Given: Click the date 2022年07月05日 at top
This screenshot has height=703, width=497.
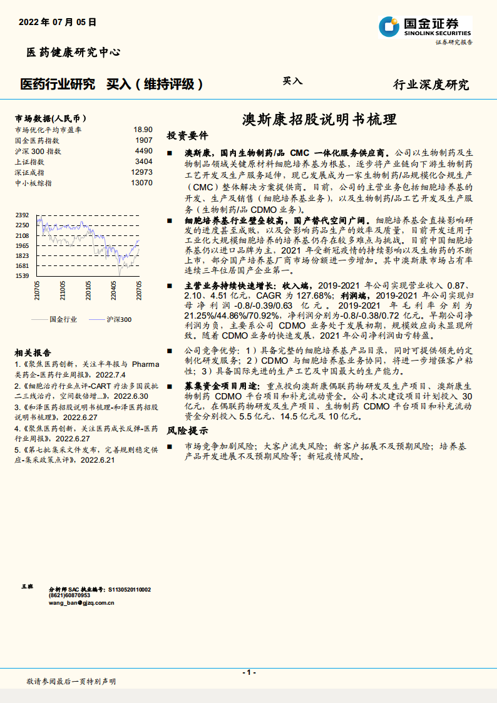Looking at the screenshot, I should [x=58, y=22].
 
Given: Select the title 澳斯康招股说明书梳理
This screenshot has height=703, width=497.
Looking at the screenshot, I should [x=319, y=120].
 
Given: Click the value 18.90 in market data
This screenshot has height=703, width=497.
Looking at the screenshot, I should [x=143, y=130].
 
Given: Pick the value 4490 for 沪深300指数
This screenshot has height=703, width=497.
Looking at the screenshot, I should [x=143, y=151].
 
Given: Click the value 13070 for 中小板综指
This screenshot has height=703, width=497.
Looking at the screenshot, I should [x=141, y=183].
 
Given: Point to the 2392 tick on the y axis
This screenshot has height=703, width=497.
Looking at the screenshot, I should [x=23, y=215].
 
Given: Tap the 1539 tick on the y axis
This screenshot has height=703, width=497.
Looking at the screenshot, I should [x=23, y=275].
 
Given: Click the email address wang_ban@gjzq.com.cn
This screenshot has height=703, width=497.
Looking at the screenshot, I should [x=81, y=603].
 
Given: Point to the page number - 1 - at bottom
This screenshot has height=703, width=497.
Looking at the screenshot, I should [x=248, y=672].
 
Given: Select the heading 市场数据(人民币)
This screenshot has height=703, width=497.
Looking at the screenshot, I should [x=50, y=118].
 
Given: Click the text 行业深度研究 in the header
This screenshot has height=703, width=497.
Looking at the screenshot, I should [x=431, y=85].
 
